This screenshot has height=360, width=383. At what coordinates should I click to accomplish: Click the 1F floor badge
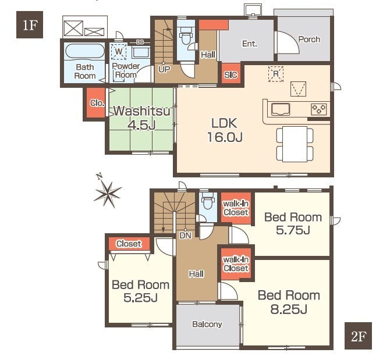pos(30,24)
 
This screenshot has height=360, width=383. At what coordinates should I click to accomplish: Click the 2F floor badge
pos(358,336)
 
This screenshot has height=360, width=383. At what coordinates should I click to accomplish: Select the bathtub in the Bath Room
pos(85,51)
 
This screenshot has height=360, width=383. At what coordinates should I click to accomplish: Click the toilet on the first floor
pos(186,36)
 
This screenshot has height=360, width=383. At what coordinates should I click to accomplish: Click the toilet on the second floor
pos(208,201)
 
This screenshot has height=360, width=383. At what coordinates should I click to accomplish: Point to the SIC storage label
pos(230,74)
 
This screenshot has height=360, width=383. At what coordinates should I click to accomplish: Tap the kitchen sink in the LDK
pos(281,109)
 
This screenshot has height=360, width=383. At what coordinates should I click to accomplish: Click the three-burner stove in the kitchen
pos(319,109)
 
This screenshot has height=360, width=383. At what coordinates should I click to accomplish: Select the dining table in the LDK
pos(295,144)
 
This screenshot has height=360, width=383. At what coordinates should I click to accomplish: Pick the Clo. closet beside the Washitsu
pos(97,103)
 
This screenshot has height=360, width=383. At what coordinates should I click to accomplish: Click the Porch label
pos(309,40)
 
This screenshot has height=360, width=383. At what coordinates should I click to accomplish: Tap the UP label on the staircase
pos(164,70)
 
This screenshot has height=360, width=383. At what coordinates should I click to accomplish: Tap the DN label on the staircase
pos(186,236)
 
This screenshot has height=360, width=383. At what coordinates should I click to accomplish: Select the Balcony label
pos(207,324)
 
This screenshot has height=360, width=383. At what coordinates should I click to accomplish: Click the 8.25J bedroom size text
pos(289,309)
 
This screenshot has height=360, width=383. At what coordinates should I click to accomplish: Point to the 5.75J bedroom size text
pos(293,230)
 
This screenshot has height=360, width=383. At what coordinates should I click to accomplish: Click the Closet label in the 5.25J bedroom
pos(129,244)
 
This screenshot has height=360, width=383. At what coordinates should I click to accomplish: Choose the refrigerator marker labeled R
pos(276,73)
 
